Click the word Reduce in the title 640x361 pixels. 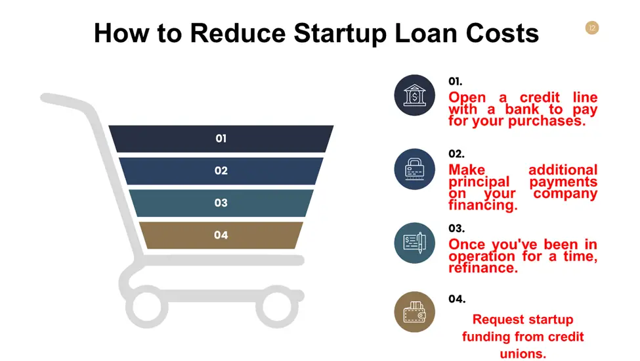pos(238,33)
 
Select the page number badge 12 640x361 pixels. pos(592,28)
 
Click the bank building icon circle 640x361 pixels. pos(414,95)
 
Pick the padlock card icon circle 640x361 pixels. pos(414,169)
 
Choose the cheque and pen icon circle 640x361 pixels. pos(414,243)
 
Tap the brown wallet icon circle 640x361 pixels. pos(414,312)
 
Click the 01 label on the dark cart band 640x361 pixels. pos(221,139)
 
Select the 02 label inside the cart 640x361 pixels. pos(221,170)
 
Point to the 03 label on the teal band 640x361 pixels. pos(221,203)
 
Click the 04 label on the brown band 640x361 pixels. pos(221,235)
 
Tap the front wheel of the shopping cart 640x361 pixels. pos(277,306)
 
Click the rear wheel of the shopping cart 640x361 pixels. pos(147,306)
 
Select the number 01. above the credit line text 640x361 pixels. pos(455,82)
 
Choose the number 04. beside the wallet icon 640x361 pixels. pos(457,299)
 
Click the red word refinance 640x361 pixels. pos(483,268)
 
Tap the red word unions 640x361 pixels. pos(523,354)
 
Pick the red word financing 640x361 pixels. pos(483,205)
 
